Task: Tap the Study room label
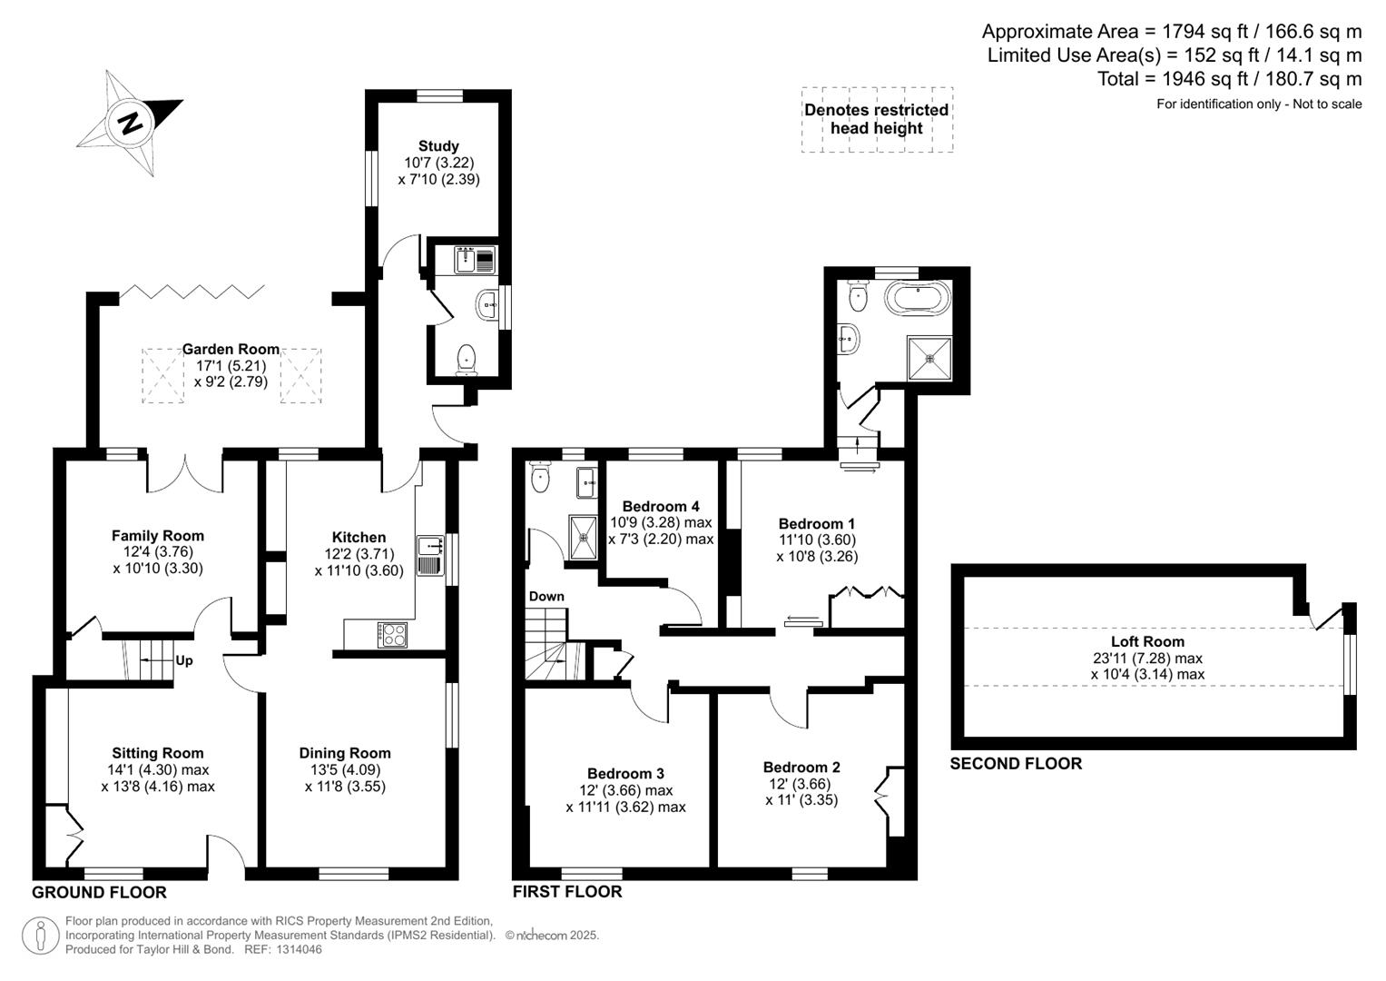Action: coord(438,146)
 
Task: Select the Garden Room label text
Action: coord(231,349)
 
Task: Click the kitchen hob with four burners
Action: coord(392,633)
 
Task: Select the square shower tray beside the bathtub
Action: coord(929,358)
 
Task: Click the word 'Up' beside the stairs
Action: coord(183,660)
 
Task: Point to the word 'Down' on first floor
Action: coord(546,597)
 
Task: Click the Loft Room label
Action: coord(1147,641)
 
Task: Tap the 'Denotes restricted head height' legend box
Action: coord(876,119)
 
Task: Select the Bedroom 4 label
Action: coord(661,506)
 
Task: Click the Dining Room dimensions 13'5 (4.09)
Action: coord(345,769)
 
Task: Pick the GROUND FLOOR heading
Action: coord(99,892)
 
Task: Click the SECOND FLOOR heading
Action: coord(1016,763)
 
